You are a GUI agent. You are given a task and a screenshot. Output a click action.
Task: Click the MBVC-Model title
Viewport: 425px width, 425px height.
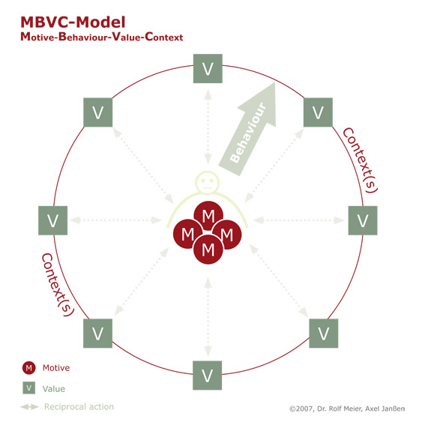[x=73, y=22]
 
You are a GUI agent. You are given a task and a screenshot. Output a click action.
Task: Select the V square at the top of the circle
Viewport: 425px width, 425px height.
[x=208, y=68]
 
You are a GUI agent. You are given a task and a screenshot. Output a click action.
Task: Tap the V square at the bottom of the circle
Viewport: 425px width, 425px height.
[x=208, y=376]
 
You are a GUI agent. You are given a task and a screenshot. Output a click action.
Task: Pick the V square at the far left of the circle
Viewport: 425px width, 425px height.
[x=53, y=220]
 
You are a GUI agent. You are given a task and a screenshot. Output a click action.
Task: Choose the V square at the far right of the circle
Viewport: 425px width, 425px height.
[x=363, y=220]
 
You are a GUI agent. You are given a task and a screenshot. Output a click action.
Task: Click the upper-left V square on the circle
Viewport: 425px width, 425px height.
[x=98, y=112]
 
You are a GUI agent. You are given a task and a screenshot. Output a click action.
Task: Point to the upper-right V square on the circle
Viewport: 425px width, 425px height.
[x=318, y=112]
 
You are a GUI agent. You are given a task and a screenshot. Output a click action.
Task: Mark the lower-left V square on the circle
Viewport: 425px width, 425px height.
[x=98, y=334]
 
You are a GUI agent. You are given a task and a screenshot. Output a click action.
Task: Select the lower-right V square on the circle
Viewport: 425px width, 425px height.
[x=324, y=334]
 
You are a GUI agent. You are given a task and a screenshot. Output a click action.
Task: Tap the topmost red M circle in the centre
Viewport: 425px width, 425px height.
[x=208, y=216]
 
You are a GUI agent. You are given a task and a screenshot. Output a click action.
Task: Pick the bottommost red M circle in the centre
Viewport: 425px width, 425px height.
[x=208, y=250]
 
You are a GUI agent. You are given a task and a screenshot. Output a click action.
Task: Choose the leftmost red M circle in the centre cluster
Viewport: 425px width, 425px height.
[x=188, y=234]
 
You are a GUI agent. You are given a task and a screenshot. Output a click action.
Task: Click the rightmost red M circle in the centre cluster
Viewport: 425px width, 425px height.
[x=227, y=235]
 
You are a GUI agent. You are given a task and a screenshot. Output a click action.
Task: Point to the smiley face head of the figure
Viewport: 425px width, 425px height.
[x=208, y=182]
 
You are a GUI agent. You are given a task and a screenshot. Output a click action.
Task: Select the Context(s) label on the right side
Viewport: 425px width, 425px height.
[x=360, y=160]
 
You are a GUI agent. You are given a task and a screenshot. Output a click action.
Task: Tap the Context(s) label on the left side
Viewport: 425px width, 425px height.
[x=58, y=285]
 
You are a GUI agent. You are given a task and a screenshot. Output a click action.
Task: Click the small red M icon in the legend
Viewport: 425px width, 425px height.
[x=29, y=368]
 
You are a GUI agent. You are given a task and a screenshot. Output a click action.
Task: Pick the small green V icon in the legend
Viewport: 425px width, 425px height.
[x=28, y=388]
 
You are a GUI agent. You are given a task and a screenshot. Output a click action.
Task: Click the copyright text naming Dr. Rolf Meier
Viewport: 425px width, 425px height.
[x=347, y=409]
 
